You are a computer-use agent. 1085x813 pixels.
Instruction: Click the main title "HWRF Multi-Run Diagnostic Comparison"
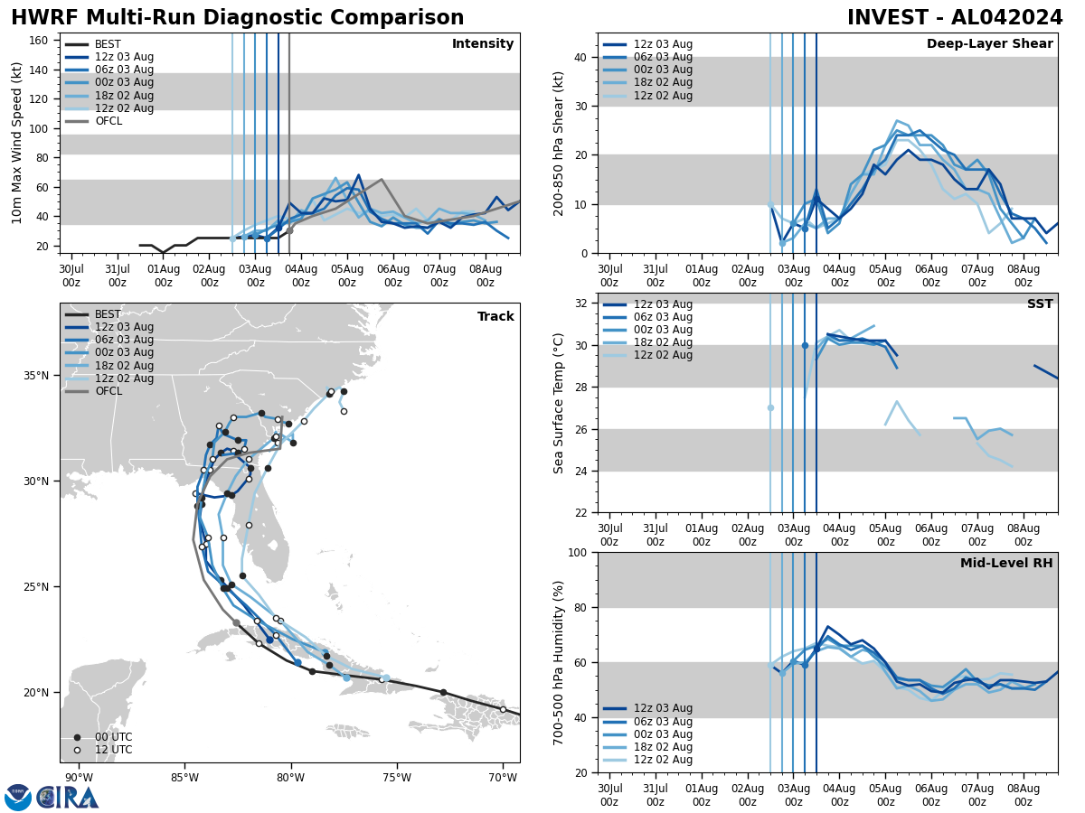coord(237,18)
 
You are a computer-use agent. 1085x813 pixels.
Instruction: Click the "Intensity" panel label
coord(483,44)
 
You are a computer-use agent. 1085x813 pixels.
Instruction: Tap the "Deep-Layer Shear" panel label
coord(989,44)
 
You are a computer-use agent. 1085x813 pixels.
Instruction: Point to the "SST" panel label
coord(1040,304)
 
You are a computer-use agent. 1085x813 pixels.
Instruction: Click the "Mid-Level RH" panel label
coord(1006,564)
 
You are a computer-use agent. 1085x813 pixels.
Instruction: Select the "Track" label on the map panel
coord(495,317)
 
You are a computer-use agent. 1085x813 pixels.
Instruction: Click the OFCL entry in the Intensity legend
coord(108,121)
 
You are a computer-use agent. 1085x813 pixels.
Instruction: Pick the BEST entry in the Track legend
coord(108,314)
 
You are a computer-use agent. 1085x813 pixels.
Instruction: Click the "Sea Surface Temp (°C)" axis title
coord(559,403)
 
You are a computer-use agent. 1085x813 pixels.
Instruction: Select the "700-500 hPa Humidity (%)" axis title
coord(559,662)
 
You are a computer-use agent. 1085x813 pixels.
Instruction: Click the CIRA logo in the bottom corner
coord(67,797)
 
